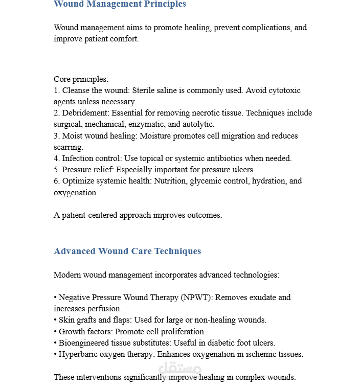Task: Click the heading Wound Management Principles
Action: pos(120,4)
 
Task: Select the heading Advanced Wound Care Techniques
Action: pos(127,251)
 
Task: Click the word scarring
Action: pos(68,147)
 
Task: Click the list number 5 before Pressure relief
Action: pos(56,170)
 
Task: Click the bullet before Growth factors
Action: pos(55,331)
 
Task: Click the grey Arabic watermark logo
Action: pos(180,368)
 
